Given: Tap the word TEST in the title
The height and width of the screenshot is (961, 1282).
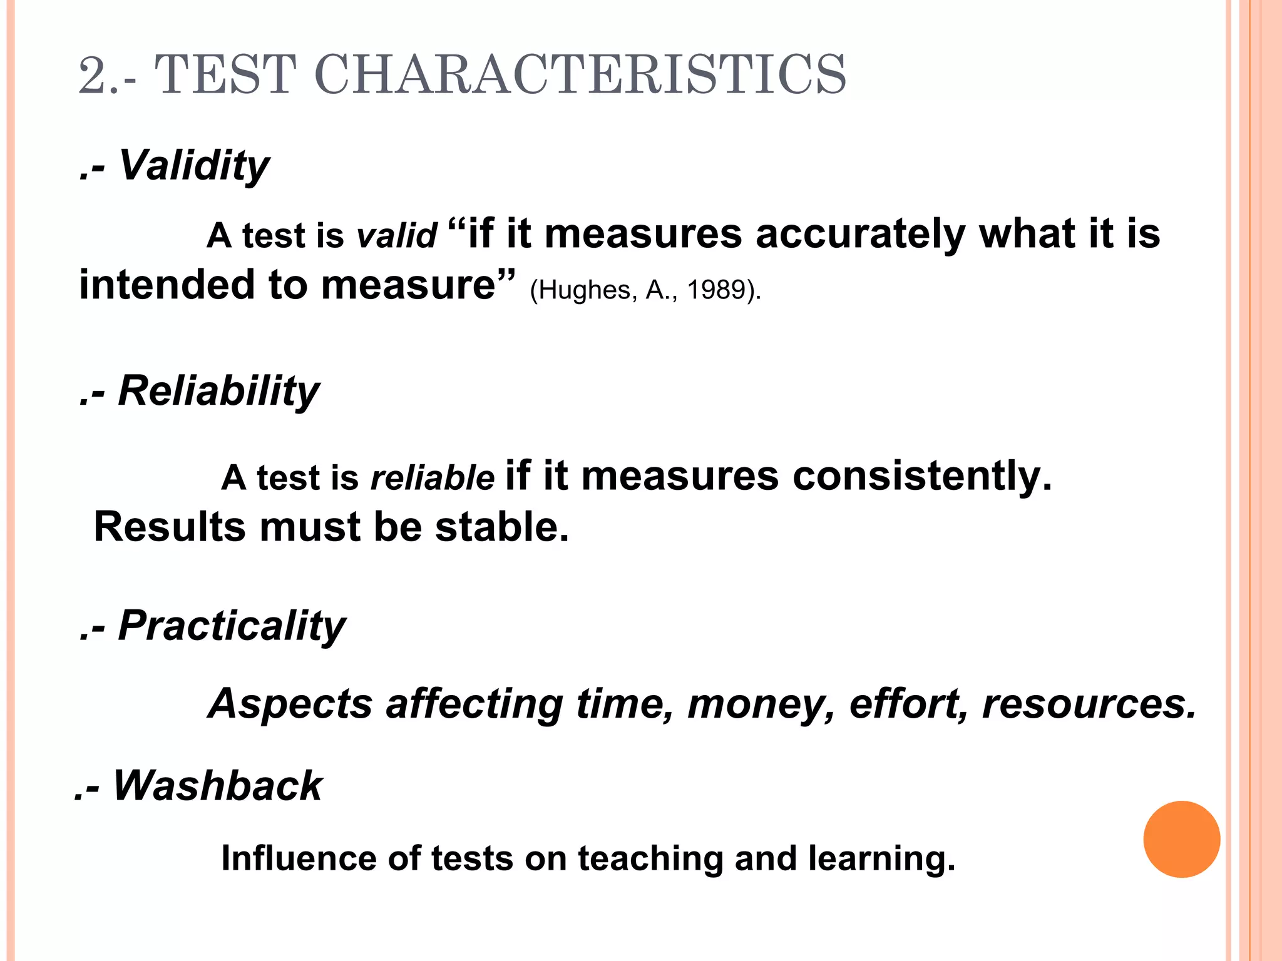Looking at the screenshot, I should click(225, 75).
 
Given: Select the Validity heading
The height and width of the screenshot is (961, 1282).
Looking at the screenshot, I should click(193, 166).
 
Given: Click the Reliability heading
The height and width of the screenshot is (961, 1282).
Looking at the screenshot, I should click(218, 391).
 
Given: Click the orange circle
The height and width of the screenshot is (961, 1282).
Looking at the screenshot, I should click(1181, 839).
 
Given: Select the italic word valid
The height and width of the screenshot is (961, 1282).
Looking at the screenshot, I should click(396, 236).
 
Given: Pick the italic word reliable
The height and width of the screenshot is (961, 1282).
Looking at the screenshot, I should click(433, 478).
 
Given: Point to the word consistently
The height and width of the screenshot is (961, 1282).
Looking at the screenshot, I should click(921, 476).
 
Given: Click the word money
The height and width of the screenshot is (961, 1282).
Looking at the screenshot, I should click(761, 704).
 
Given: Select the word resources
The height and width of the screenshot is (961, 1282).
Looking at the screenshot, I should click(1089, 704).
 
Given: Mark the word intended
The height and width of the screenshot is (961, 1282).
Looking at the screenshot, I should click(167, 285).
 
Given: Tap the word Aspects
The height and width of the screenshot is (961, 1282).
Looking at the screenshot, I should click(291, 704).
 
